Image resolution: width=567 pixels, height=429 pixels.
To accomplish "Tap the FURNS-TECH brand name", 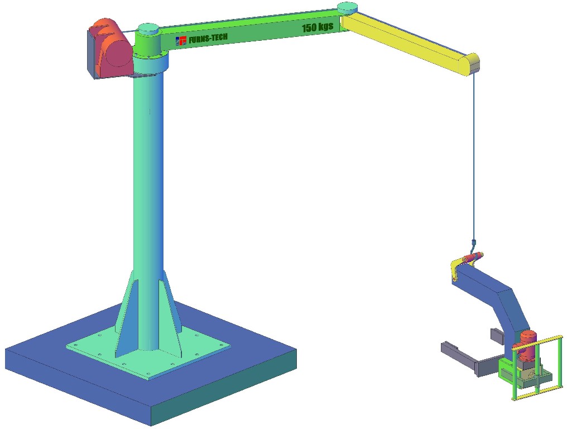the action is (x=208, y=38).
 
